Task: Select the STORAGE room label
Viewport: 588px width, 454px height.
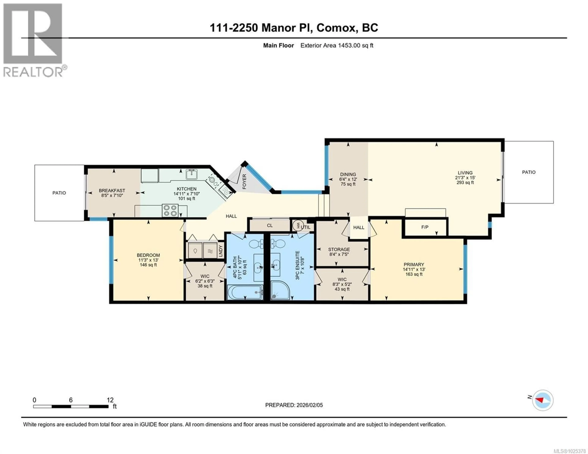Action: (339, 249)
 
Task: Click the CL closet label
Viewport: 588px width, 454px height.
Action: (270, 226)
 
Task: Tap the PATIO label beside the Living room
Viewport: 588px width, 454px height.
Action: (529, 172)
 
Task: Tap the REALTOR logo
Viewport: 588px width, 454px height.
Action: (34, 40)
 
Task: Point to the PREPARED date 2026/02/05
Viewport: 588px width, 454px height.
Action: (309, 405)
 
